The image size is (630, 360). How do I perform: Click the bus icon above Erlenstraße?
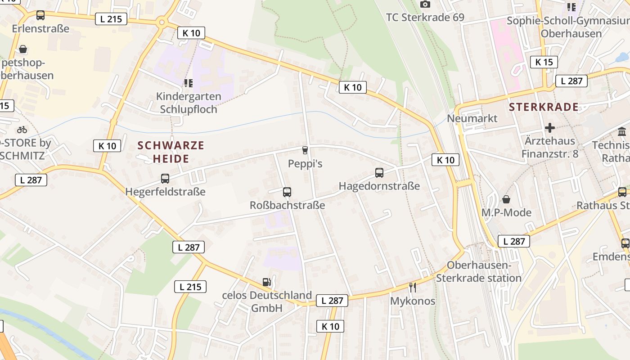click(x=40, y=15)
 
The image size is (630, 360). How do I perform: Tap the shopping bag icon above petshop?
click(x=23, y=49)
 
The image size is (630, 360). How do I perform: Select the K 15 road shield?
click(x=544, y=62)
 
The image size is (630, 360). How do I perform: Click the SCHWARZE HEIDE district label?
click(x=171, y=152)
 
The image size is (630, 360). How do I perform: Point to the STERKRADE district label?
click(x=544, y=107)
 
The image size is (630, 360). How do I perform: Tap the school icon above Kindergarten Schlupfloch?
click(x=188, y=83)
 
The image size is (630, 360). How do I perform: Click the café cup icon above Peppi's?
click(x=305, y=150)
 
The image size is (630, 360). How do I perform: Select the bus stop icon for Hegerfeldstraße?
click(x=165, y=179)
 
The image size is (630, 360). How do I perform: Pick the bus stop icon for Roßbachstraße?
click(x=287, y=192)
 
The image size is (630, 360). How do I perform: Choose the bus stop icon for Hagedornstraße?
click(x=379, y=173)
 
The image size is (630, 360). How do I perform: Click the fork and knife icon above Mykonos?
click(x=412, y=287)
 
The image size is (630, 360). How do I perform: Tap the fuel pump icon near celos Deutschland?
click(x=267, y=282)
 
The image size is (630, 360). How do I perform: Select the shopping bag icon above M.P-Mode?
click(x=506, y=199)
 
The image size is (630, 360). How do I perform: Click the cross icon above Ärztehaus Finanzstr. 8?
click(x=549, y=128)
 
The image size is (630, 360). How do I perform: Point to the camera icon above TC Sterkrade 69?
click(x=425, y=4)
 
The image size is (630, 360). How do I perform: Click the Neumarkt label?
click(x=472, y=118)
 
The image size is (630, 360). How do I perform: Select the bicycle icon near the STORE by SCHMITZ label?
click(x=22, y=130)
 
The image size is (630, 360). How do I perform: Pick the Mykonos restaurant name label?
click(x=413, y=301)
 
